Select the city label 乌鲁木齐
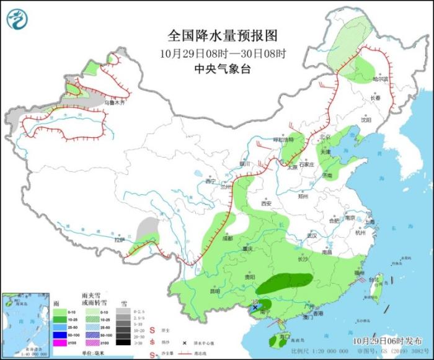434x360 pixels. pyautogui.click(x=114, y=102)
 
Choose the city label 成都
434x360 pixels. pyautogui.click(x=227, y=238)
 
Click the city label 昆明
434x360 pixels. pyautogui.click(x=215, y=290)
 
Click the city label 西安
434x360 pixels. pyautogui.click(x=267, y=203)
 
